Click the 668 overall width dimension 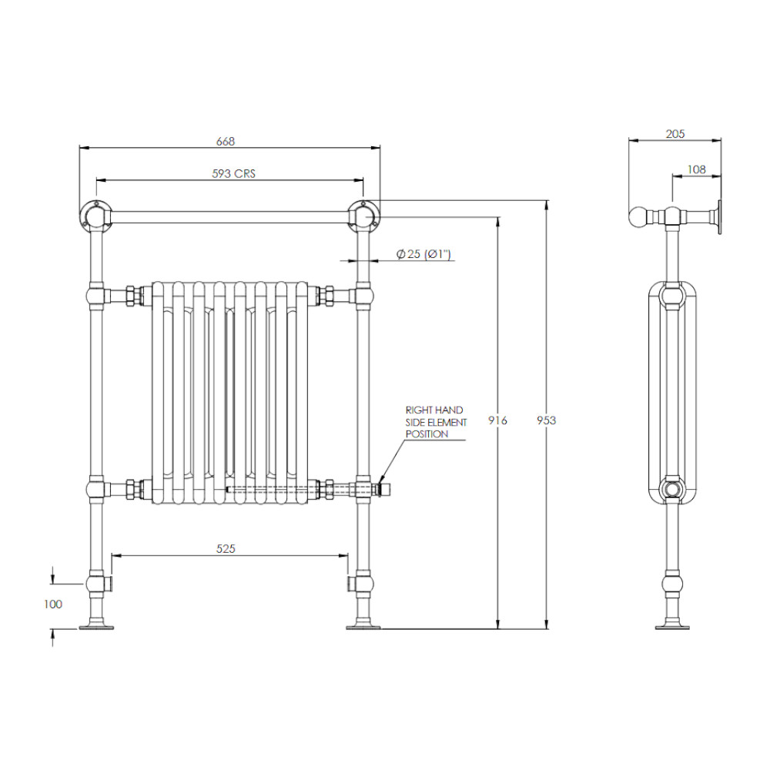[226, 142]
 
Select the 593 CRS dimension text [234, 173]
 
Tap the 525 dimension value [226, 548]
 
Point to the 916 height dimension [497, 420]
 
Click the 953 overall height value [546, 420]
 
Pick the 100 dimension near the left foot [53, 604]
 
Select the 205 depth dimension [675, 133]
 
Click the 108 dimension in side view [696, 169]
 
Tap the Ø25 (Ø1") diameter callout [423, 254]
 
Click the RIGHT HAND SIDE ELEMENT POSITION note [436, 422]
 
